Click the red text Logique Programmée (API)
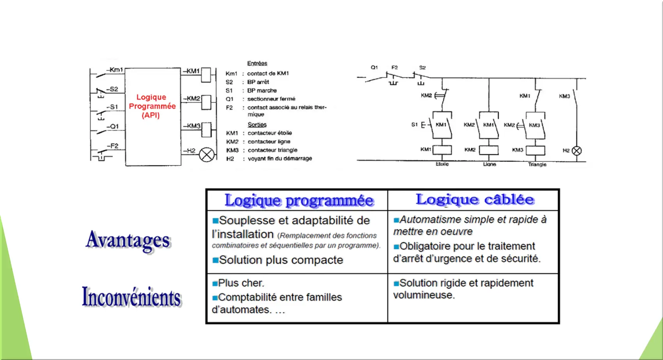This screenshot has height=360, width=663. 152,106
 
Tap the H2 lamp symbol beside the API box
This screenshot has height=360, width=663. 207,154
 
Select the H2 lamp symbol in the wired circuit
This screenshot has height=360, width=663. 576,151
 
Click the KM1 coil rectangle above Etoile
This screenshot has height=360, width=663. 442,150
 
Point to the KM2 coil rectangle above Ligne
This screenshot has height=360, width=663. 489,150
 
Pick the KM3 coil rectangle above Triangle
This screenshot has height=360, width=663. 535,151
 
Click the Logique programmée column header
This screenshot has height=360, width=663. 299,200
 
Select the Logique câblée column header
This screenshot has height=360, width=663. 475,199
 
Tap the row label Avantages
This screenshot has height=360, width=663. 128,240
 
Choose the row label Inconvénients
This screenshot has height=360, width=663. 131,297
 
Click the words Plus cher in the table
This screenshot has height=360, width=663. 241,283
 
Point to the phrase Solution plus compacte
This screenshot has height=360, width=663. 281,260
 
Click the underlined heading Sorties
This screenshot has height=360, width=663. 257,125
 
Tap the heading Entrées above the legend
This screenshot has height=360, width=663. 257,63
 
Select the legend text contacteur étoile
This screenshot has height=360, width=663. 269,133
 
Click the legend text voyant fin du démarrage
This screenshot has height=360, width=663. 280,159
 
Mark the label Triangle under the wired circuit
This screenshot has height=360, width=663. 537,165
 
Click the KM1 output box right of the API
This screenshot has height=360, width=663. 206,75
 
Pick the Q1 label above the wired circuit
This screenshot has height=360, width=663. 374,67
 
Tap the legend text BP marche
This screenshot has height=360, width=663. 262,90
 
